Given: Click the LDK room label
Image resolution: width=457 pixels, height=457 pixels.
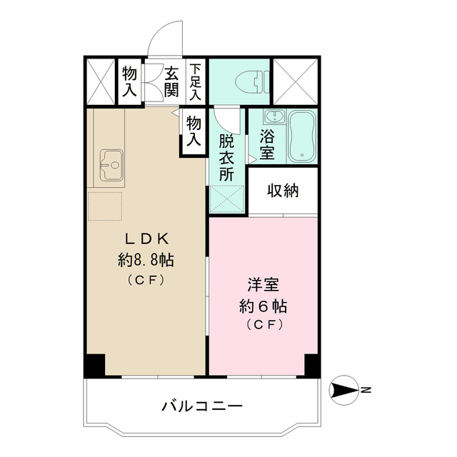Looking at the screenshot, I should click(146, 238).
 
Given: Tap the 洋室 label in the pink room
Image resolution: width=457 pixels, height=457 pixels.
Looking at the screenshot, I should click(263, 283).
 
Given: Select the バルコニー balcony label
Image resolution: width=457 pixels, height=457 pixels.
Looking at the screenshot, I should click(202, 406).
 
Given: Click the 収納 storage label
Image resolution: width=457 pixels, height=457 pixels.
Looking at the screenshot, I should click(283, 191).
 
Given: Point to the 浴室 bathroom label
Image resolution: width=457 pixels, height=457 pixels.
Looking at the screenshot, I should click(268, 142).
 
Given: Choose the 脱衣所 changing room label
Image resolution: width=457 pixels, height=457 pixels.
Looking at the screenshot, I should click(227, 156).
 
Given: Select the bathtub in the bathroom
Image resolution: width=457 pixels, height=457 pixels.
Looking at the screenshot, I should click(301, 136).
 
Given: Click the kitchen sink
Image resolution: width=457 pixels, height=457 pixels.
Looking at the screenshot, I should click(111, 165).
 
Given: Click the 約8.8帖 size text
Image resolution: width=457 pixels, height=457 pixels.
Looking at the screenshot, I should click(146, 260).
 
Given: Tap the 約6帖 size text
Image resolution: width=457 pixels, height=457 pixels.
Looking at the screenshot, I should click(263, 306).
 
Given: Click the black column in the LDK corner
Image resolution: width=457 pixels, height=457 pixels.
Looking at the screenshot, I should click(95, 365).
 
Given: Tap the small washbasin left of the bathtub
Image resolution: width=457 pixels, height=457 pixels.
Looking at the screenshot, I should click(272, 119).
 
